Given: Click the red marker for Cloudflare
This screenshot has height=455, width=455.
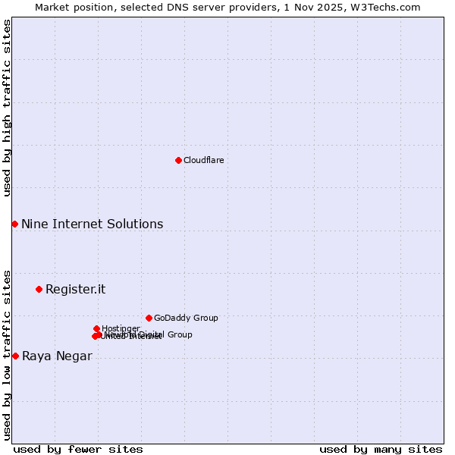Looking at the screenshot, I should [178, 160].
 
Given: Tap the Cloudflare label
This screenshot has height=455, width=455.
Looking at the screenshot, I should [203, 161].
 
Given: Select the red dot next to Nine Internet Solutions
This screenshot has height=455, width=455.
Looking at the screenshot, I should [14, 224].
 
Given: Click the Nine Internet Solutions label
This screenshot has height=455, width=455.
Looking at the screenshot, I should [92, 224].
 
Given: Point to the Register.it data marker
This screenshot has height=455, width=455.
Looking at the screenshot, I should [39, 289].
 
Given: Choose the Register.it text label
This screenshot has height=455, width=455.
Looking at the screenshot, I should [75, 290].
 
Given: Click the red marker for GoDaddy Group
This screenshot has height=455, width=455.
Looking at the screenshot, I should [149, 318].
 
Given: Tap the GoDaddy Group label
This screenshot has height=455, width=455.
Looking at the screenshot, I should [186, 318].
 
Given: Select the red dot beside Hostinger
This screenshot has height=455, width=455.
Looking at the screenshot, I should [96, 328].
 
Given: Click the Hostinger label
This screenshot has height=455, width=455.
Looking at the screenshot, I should [121, 328].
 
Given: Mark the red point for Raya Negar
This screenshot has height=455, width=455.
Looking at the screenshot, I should [15, 356].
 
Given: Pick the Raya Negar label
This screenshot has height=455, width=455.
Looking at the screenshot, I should [57, 356].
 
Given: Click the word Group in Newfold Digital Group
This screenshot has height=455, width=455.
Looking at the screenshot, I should [179, 334].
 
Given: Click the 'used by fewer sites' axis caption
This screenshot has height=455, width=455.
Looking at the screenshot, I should [78, 450].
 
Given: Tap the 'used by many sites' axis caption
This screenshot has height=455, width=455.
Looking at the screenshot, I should [381, 450].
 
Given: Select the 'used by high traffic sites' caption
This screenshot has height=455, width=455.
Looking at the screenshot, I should [7, 108].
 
